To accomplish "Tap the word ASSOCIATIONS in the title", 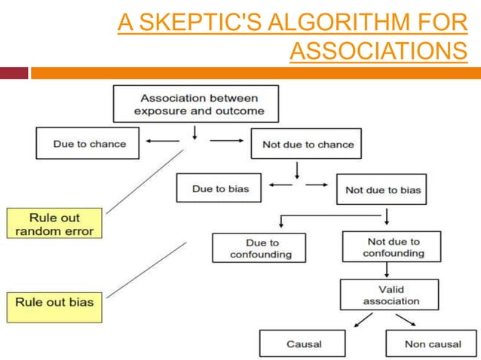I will tap(378, 50).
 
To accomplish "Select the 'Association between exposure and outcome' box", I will tap(195, 104).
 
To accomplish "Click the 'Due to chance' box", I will tap(88, 143).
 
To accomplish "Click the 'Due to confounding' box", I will tap(259, 248).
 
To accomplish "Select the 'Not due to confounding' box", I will tap(391, 247).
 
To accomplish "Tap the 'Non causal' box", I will tap(431, 343).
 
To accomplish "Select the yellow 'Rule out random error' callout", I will tap(54, 224).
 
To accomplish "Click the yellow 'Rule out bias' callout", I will tap(54, 303).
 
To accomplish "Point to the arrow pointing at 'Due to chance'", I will tap(161, 141).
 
